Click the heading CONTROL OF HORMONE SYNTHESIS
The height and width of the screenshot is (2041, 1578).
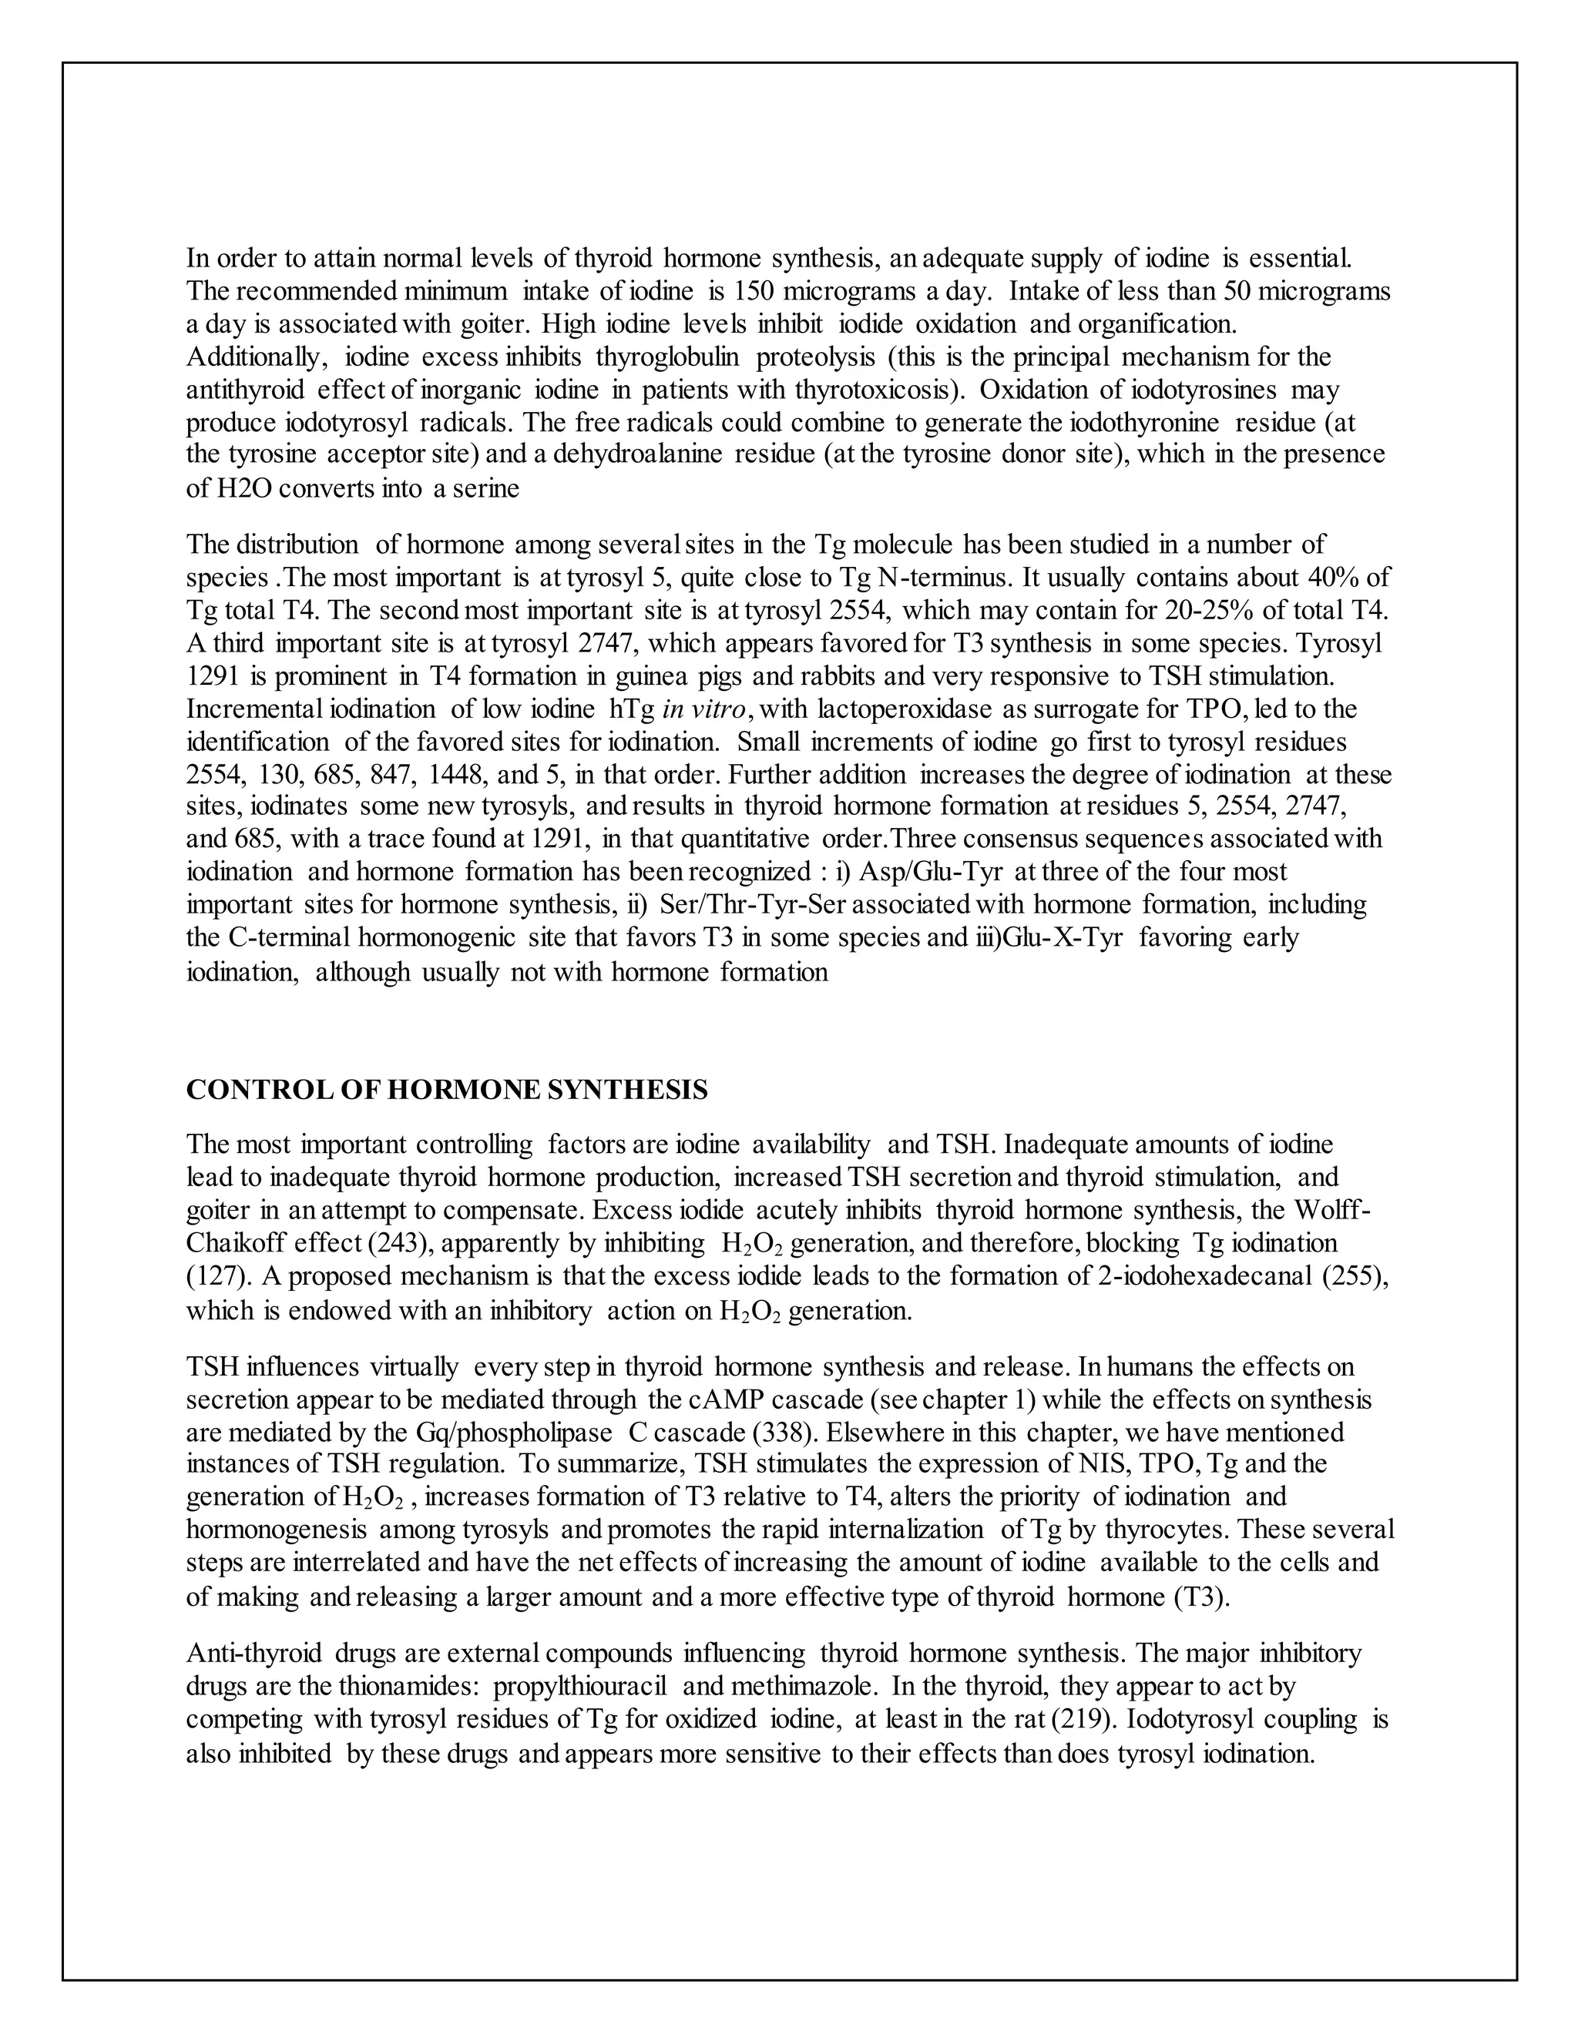(x=447, y=1090)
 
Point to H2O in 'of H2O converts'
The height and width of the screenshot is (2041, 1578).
(x=247, y=488)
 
